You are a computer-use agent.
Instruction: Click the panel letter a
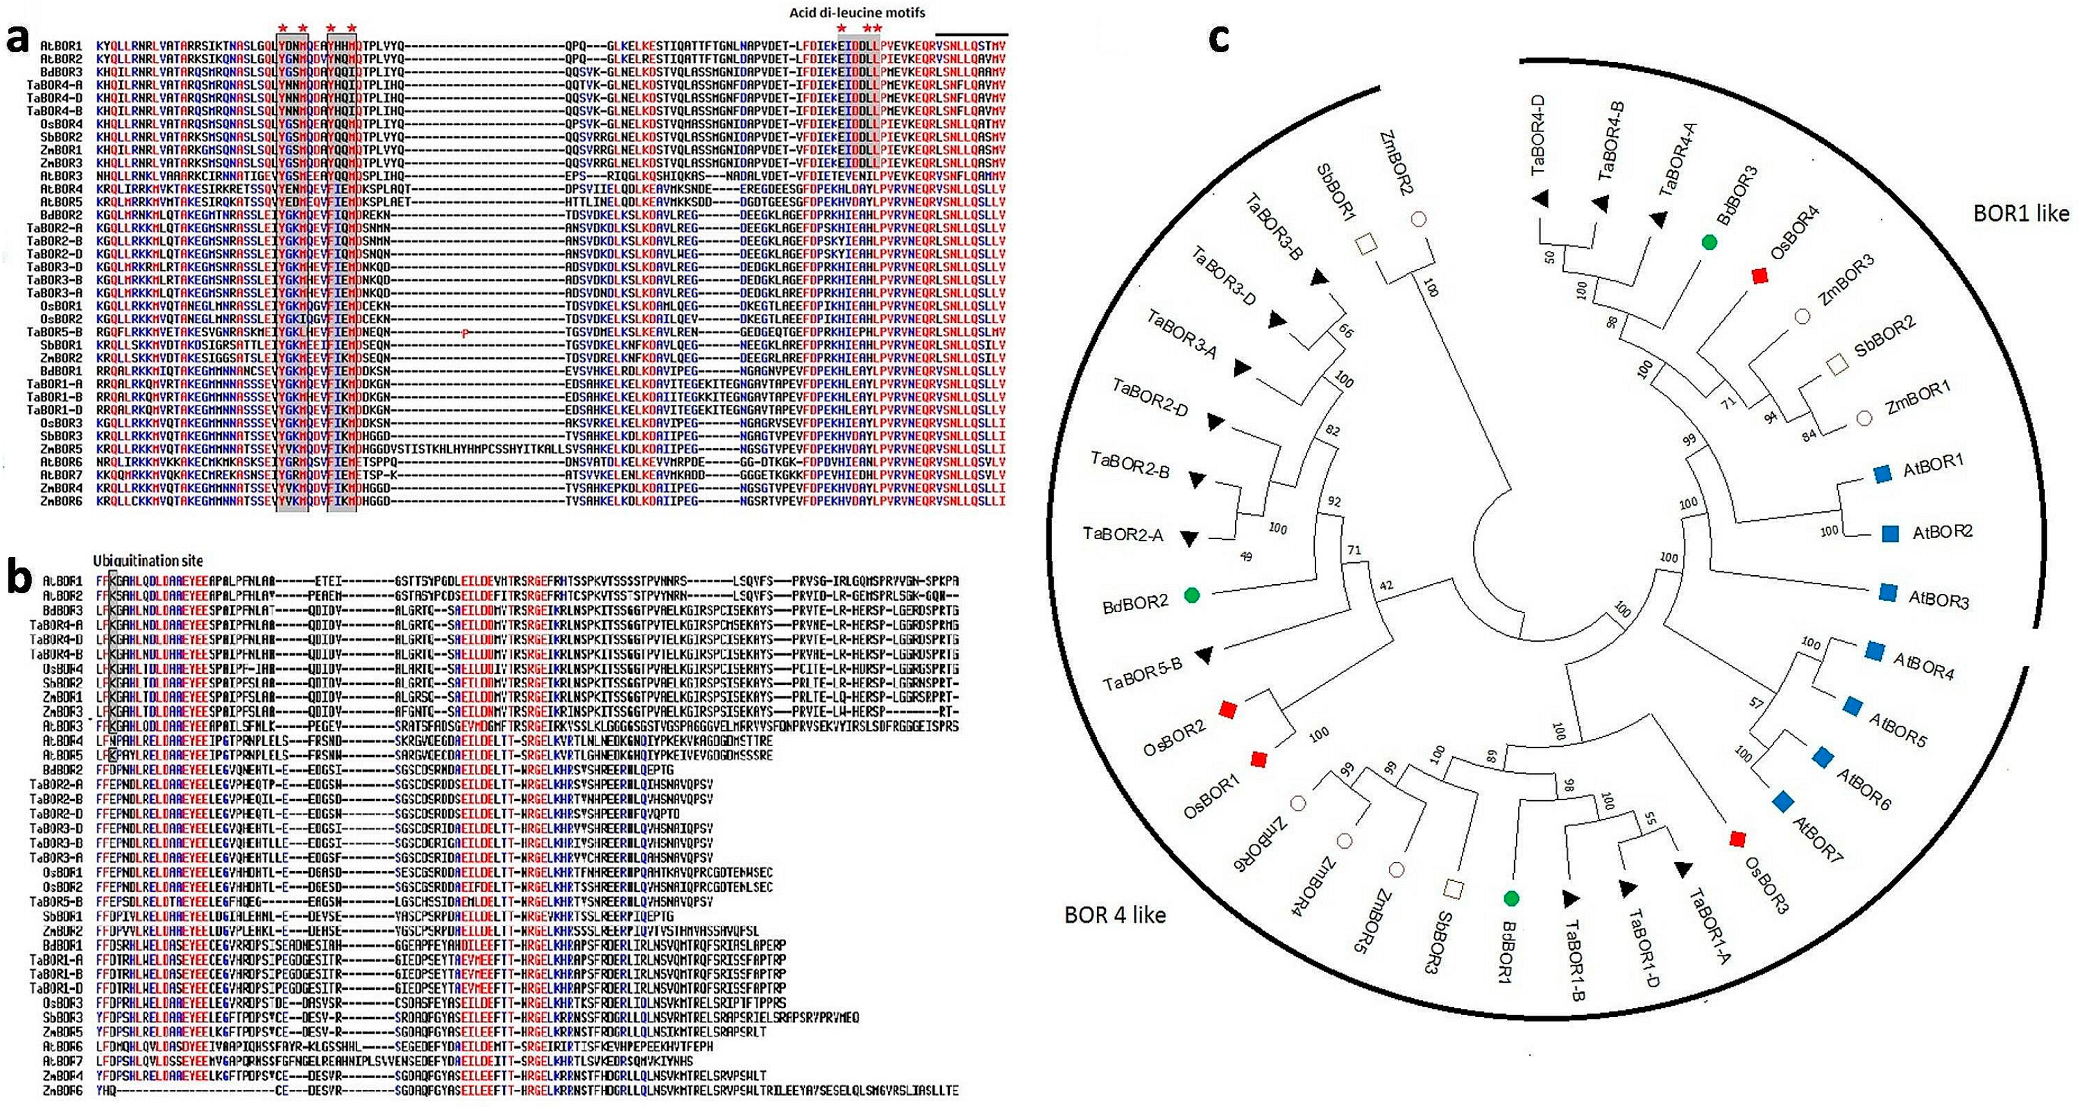(19, 41)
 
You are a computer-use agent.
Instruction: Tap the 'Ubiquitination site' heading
(148, 561)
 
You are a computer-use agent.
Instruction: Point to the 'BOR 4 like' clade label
(1116, 915)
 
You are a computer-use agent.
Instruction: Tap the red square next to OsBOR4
(1760, 277)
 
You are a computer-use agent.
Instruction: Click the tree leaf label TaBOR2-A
(1123, 535)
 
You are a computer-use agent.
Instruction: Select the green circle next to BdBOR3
(1708, 241)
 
